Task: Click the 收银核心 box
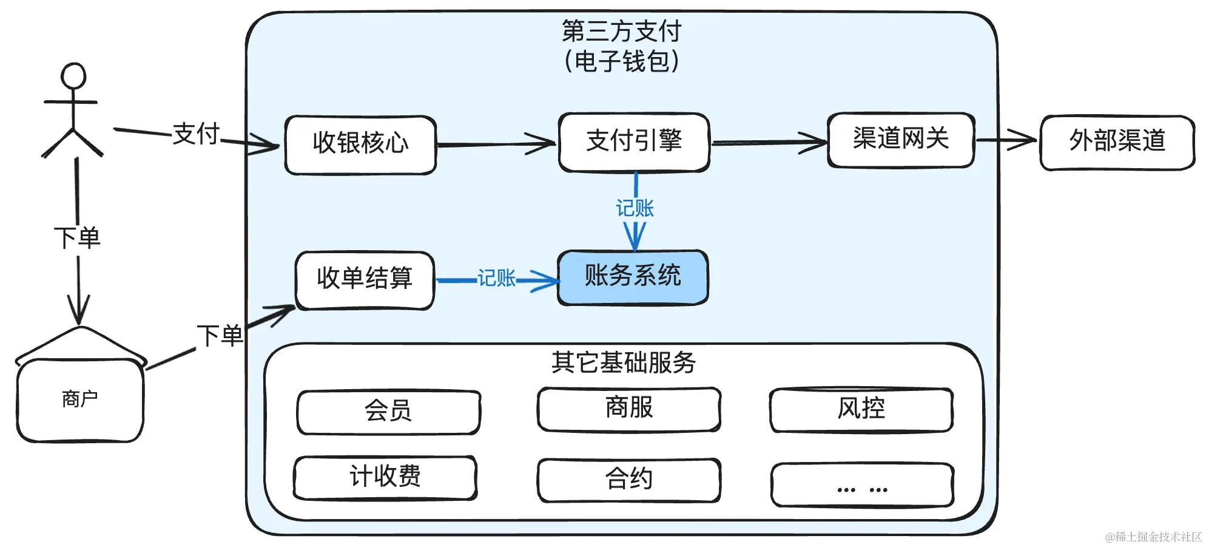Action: pos(361,145)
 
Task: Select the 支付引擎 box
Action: pos(635,142)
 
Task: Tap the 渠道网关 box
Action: pos(901,140)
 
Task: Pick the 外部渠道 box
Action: pos(1117,143)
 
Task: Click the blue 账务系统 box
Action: pos(633,277)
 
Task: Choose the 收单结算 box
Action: pos(365,280)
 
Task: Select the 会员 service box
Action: pos(388,412)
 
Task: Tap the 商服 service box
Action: pos(629,409)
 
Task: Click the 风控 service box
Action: pos(861,410)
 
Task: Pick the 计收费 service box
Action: pos(385,478)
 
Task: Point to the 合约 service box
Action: pos(629,480)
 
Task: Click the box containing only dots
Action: pos(862,484)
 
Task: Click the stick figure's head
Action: pos(73,76)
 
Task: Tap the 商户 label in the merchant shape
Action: pos(80,399)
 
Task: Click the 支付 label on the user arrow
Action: pos(196,134)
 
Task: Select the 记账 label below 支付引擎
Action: pos(635,208)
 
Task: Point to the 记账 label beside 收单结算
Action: pos(496,278)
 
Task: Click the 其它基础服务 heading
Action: pos(624,362)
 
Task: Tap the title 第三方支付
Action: pos(622,31)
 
